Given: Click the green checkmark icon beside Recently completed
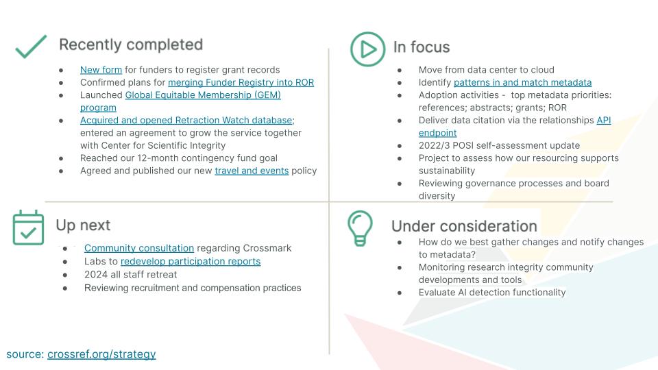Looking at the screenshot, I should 31,47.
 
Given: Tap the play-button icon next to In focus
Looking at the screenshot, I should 367,49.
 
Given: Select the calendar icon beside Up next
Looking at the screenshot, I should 28,227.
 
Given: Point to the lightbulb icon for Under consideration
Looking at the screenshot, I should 360,228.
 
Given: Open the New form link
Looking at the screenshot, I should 101,69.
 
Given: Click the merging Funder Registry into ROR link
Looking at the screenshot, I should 241,82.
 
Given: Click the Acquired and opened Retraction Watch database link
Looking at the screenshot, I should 186,120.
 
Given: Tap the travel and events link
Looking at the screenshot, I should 252,171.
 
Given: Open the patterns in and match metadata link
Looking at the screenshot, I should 522,82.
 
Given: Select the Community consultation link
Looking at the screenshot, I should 139,248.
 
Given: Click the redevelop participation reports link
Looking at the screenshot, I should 191,261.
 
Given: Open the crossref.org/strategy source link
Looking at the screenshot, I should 101,354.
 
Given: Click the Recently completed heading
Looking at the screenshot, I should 131,45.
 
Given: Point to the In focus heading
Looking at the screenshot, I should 422,47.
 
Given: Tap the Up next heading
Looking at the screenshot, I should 83,225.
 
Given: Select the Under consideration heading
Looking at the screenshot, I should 464,226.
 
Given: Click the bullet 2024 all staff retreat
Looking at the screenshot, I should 130,274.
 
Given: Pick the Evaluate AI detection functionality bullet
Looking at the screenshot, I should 492,292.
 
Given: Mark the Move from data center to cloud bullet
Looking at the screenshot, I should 486,69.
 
